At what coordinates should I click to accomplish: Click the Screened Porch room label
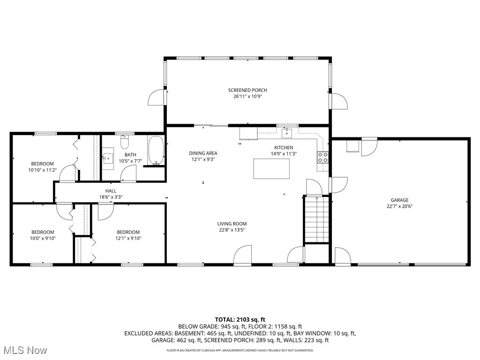tap(247, 90)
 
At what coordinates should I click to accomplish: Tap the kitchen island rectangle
tap(271, 169)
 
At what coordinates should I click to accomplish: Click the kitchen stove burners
tap(322, 157)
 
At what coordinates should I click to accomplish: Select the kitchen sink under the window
tap(287, 133)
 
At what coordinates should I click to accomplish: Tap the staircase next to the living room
tap(316, 219)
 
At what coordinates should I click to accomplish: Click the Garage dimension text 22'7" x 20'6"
tap(399, 206)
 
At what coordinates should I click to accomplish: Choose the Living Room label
tap(232, 224)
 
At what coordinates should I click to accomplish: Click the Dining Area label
tap(203, 153)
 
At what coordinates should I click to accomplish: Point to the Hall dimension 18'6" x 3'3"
tap(111, 197)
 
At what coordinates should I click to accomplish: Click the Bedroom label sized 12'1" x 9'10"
tap(128, 232)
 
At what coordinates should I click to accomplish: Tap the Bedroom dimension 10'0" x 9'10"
tap(43, 238)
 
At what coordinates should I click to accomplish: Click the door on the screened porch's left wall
tap(156, 97)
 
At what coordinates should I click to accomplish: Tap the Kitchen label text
tap(284, 147)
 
